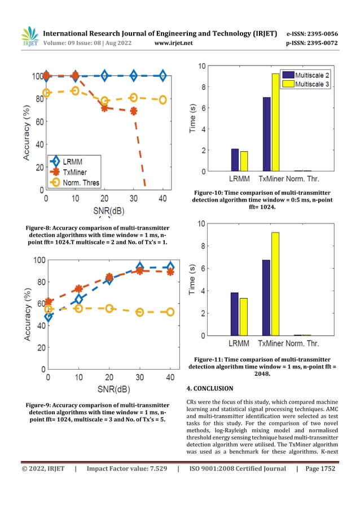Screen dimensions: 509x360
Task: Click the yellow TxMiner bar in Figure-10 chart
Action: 275,122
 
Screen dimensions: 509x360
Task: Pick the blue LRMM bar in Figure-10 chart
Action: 235,160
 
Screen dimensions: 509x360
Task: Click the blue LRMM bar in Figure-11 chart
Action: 235,314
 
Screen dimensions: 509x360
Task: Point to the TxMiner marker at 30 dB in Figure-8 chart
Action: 133,111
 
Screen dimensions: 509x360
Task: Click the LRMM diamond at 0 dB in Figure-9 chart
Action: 49,317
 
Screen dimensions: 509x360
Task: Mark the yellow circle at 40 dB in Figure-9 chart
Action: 170,311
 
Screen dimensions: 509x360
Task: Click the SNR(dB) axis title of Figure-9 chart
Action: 109,390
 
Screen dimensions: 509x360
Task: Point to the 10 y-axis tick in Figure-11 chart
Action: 201,224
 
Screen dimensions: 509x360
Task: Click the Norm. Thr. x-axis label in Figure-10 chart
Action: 308,178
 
